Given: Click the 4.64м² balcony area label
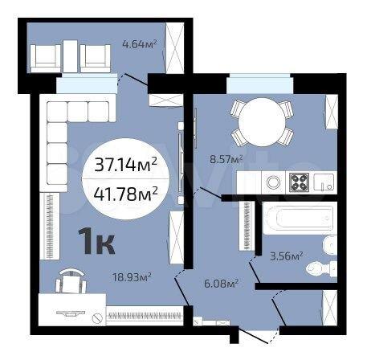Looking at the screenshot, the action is click(x=139, y=43).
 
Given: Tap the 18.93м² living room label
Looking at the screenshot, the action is click(x=132, y=276).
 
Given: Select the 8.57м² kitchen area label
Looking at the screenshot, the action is click(x=226, y=159).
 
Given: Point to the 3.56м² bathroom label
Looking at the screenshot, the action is click(x=287, y=256).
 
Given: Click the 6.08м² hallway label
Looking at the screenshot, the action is click(x=221, y=283).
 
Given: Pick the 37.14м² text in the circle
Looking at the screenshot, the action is click(x=125, y=164).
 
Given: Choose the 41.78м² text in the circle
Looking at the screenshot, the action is click(x=125, y=194).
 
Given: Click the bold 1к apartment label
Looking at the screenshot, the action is click(x=96, y=241).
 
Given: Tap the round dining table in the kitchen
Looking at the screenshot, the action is click(x=262, y=122).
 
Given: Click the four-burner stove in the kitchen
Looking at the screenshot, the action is click(x=300, y=182).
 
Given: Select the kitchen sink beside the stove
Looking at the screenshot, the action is click(x=324, y=182).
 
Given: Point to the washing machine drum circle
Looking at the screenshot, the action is click(x=273, y=182).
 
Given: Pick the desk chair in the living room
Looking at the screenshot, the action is click(x=71, y=282).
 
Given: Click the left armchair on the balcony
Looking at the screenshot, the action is click(x=46, y=59).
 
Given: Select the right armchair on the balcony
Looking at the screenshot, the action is click(x=96, y=59).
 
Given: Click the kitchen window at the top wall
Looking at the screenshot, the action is click(x=259, y=84).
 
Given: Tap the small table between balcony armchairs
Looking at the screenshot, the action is click(x=71, y=56).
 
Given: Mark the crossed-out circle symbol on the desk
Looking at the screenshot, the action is click(x=97, y=318).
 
